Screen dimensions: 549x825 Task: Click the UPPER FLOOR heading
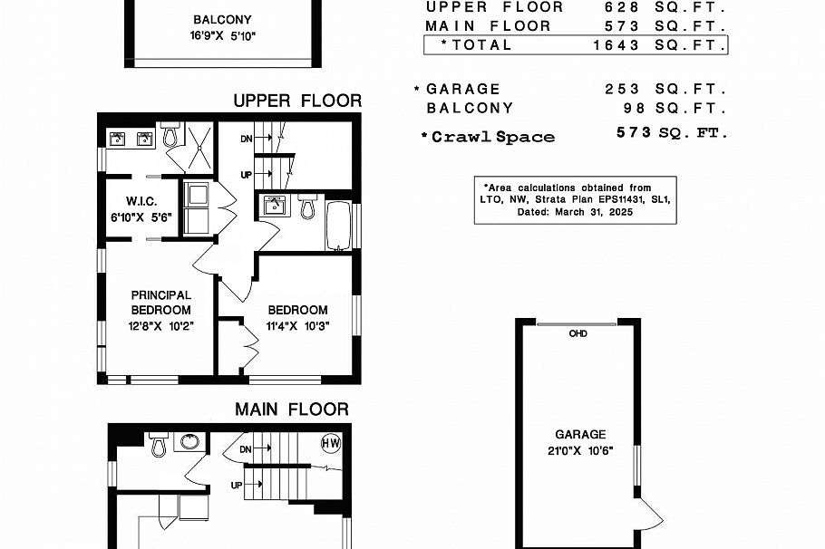[297, 101]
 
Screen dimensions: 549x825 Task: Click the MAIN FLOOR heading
[291, 409]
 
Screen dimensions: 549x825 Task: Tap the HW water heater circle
[331, 443]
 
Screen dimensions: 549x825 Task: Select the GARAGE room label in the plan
[580, 435]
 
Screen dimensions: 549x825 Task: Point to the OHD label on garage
[577, 333]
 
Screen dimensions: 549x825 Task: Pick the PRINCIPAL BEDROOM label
[160, 303]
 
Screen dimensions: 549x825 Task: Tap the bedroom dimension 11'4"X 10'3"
[297, 326]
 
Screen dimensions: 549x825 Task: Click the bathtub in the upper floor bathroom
[338, 226]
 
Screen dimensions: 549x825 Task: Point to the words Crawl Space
[493, 137]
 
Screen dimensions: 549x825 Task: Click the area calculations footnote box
[575, 199]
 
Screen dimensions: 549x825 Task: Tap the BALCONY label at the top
[222, 20]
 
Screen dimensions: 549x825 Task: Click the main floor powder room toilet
[159, 445]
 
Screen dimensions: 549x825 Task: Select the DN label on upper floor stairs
[246, 140]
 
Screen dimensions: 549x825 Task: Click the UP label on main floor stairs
[237, 486]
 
